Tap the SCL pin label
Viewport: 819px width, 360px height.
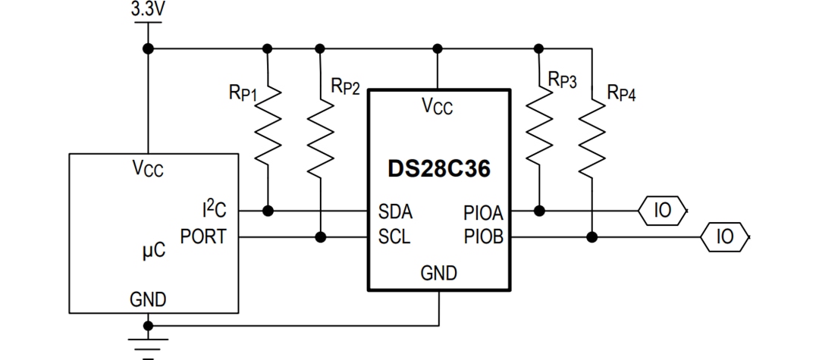(x=394, y=237)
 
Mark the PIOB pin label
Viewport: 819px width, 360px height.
(x=483, y=237)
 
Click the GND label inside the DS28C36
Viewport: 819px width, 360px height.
(x=438, y=274)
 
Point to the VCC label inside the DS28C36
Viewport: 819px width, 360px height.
(x=438, y=108)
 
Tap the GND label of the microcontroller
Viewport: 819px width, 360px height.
(x=148, y=299)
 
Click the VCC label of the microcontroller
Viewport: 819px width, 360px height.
(x=148, y=168)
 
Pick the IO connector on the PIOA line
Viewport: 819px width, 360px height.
(x=663, y=210)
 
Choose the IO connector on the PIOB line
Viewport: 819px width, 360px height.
(x=725, y=237)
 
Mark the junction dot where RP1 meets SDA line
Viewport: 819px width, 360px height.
(x=267, y=210)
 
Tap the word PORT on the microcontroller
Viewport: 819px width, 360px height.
(x=202, y=237)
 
